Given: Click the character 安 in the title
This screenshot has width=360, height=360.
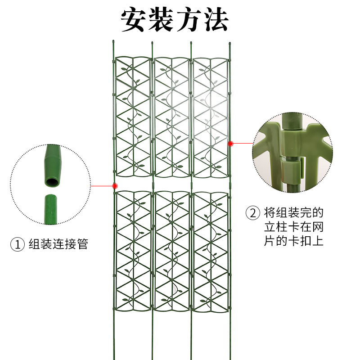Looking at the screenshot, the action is (135, 19).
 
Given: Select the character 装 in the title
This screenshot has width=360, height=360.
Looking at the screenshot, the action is (161, 19).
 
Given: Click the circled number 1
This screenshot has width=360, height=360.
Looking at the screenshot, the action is (18, 245).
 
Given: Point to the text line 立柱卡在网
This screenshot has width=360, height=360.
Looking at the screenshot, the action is (294, 226).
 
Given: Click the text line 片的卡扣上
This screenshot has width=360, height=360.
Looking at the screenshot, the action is (294, 241).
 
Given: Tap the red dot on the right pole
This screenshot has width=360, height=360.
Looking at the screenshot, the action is (231, 144).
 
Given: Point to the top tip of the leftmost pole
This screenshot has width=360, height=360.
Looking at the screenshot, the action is (113, 42).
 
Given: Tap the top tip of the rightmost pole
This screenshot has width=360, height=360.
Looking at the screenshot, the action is (229, 43).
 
